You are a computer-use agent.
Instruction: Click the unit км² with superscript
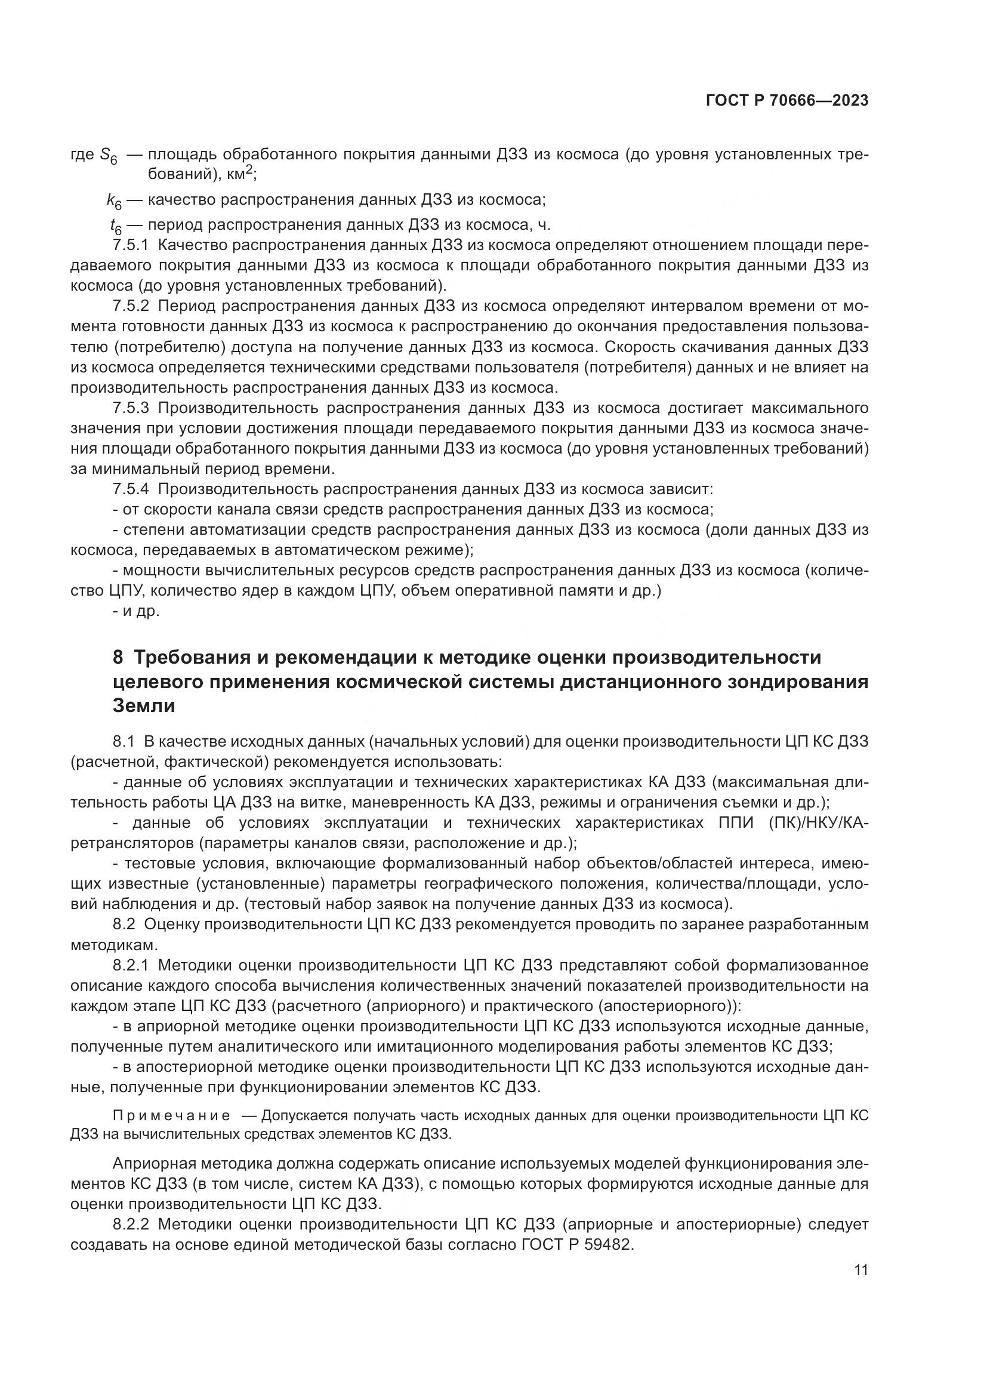[239, 174]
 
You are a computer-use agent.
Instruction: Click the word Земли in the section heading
[144, 706]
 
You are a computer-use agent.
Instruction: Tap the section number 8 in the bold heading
[118, 658]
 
